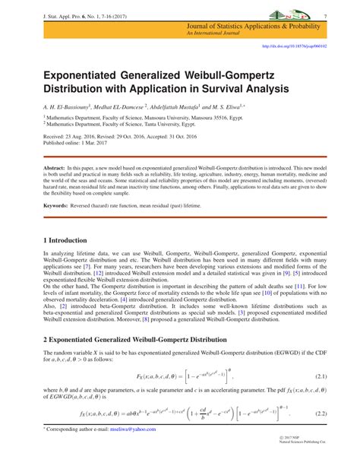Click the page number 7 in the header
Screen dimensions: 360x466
[324, 16]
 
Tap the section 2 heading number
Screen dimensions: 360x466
[46, 341]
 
